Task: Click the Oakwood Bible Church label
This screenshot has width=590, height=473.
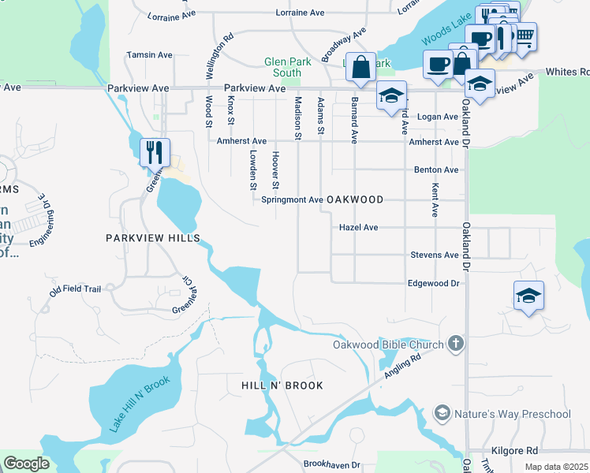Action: [x=386, y=344]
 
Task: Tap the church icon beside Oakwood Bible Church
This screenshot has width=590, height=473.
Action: [x=455, y=344]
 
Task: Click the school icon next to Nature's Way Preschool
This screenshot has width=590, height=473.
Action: [x=442, y=414]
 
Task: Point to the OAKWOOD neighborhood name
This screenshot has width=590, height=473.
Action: [x=355, y=200]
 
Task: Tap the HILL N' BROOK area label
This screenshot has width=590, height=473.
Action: [x=282, y=385]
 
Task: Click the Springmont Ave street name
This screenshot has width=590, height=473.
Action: [x=292, y=200]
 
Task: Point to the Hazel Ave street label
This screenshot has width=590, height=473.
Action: [x=358, y=227]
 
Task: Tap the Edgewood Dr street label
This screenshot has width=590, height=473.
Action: [x=433, y=283]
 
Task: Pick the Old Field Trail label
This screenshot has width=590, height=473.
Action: [x=75, y=289]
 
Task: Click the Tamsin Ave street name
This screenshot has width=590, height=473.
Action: [x=149, y=55]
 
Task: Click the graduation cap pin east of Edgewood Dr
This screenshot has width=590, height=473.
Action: [x=528, y=295]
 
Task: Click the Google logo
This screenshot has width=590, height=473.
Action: [x=26, y=464]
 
